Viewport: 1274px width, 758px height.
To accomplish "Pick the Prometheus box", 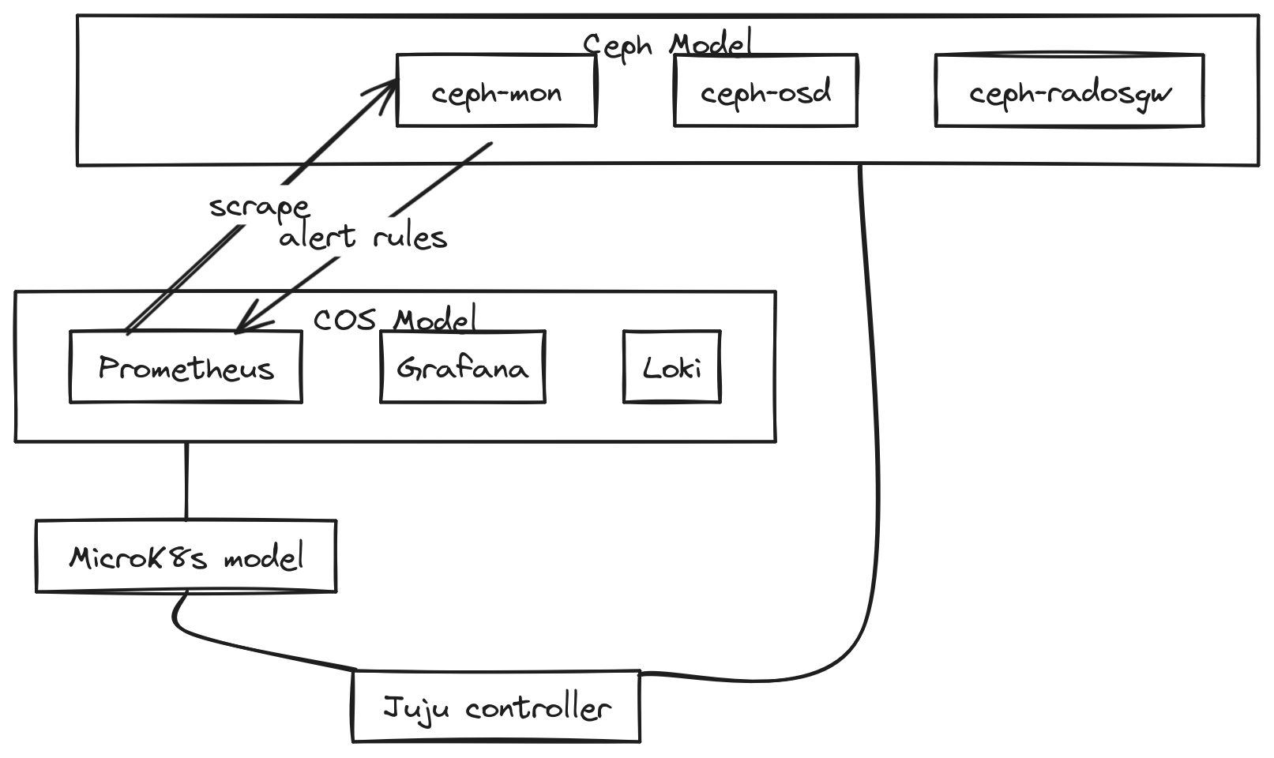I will (186, 367).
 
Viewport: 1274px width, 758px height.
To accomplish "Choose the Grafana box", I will (463, 367).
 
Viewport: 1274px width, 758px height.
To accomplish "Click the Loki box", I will (672, 367).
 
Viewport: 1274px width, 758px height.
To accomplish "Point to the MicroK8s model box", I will (186, 556).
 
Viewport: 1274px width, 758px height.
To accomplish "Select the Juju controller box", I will (496, 707).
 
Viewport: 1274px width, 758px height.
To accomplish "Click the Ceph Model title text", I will (667, 44).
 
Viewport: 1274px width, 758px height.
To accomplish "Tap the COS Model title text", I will (395, 320).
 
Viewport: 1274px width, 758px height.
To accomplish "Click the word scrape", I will (259, 207).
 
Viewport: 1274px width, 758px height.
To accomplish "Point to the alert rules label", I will (363, 236).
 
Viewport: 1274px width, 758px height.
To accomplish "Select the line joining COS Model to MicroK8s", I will (186, 480).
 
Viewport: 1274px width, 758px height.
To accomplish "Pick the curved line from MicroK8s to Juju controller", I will (237, 644).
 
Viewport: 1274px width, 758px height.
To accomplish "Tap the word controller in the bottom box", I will (538, 707).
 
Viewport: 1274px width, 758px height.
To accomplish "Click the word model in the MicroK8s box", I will (264, 557).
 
